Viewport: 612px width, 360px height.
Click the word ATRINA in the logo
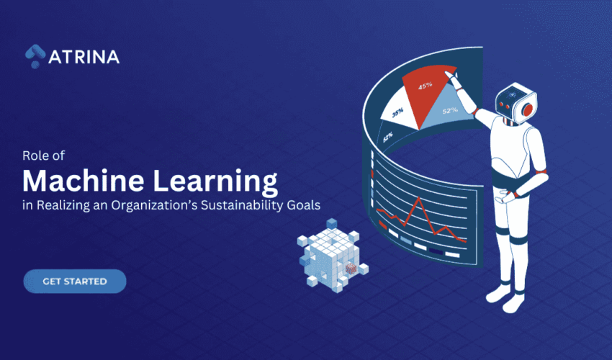[x=84, y=56]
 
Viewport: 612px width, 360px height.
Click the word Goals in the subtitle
[x=305, y=205]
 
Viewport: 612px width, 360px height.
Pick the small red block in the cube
[x=351, y=269]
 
